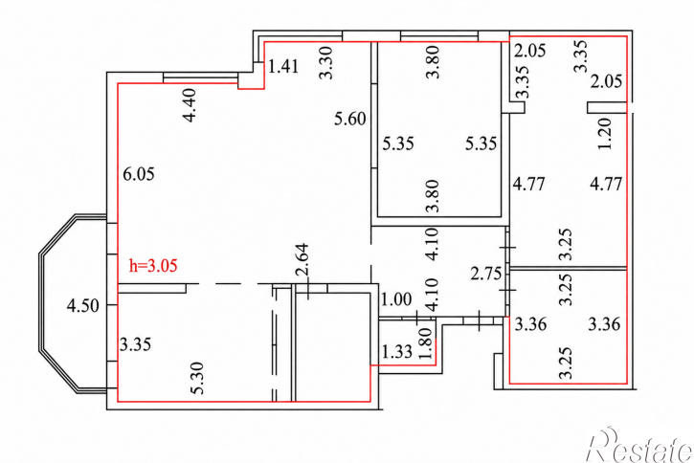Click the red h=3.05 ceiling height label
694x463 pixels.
(153, 266)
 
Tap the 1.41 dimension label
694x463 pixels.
(283, 67)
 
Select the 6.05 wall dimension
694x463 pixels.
(139, 174)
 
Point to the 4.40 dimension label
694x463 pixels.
(190, 105)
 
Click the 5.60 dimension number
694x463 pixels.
(350, 119)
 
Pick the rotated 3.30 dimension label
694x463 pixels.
(326, 63)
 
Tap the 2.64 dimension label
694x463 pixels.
(302, 259)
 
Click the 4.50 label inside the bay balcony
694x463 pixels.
(82, 305)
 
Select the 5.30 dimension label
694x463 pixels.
(198, 378)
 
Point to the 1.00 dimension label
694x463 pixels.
(396, 299)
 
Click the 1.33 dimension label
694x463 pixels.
(397, 352)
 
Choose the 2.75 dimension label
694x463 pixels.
(486, 275)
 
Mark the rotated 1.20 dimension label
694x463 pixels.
(605, 134)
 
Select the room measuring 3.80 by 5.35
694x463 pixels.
(439, 129)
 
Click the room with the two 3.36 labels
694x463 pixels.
(569, 327)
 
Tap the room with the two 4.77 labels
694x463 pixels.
(569, 186)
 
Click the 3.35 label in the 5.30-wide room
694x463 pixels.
(135, 344)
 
